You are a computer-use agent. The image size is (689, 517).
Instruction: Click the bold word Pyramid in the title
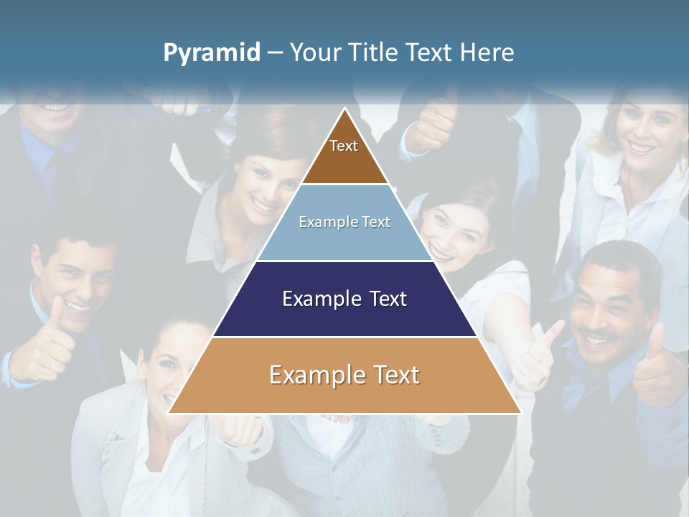[x=212, y=53]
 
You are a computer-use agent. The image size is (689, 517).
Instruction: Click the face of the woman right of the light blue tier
[x=449, y=233]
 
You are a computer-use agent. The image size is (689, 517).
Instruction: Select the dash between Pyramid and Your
[x=275, y=53]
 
